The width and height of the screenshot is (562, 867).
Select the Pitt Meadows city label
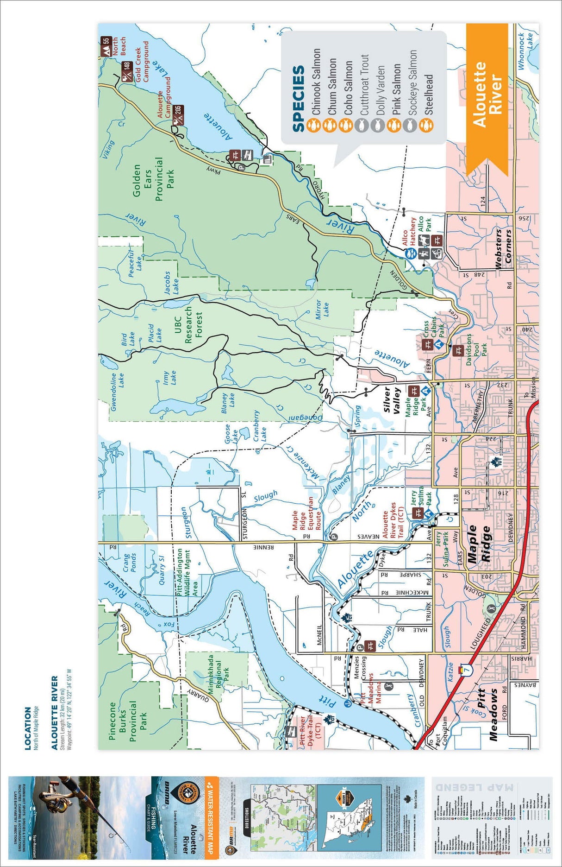[x=487, y=714]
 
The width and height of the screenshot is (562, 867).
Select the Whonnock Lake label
[x=526, y=51]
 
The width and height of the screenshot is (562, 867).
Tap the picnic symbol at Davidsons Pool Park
[x=458, y=351]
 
